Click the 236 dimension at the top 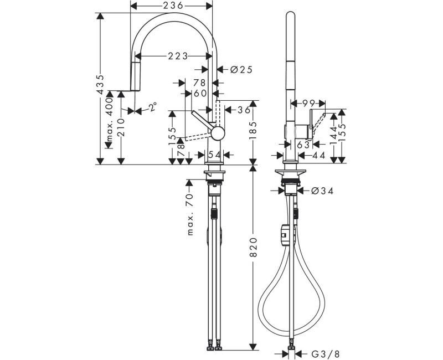coord(172,5)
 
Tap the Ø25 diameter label coord(240,69)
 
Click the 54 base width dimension coord(214,153)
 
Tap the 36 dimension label coord(243,110)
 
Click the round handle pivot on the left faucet coord(218,133)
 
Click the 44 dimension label coord(318,156)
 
